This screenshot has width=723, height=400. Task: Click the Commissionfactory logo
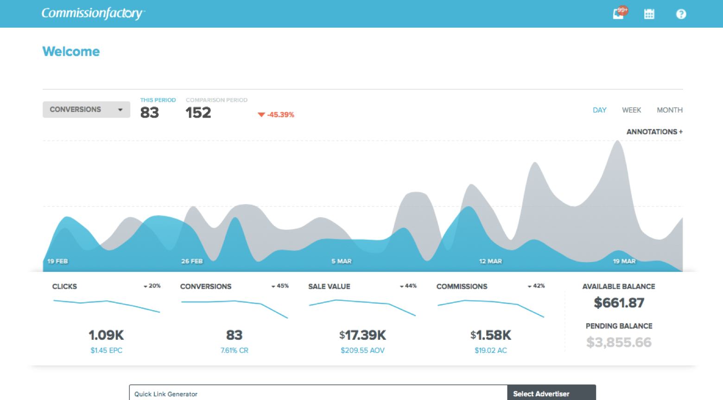93,13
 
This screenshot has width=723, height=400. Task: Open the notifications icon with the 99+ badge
619,13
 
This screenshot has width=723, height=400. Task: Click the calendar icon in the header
649,14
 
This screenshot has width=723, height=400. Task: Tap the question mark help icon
681,14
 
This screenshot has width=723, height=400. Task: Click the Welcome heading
71,51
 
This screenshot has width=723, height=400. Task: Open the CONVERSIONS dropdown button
86,110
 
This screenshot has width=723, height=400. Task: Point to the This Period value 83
149,112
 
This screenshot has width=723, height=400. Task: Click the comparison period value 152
198,112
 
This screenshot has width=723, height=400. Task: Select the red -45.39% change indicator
277,115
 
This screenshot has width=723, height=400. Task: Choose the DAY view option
599,110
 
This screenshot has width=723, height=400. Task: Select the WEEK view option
631,110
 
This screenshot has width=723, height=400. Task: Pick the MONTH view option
669,110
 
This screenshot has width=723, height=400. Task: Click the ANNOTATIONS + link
654,132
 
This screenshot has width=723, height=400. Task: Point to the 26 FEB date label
192,261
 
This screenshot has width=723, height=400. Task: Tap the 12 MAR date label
490,261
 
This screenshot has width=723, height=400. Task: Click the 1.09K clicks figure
106,335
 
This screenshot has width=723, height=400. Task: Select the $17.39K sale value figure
362,335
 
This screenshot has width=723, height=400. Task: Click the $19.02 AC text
490,350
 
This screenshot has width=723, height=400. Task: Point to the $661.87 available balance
619,303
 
